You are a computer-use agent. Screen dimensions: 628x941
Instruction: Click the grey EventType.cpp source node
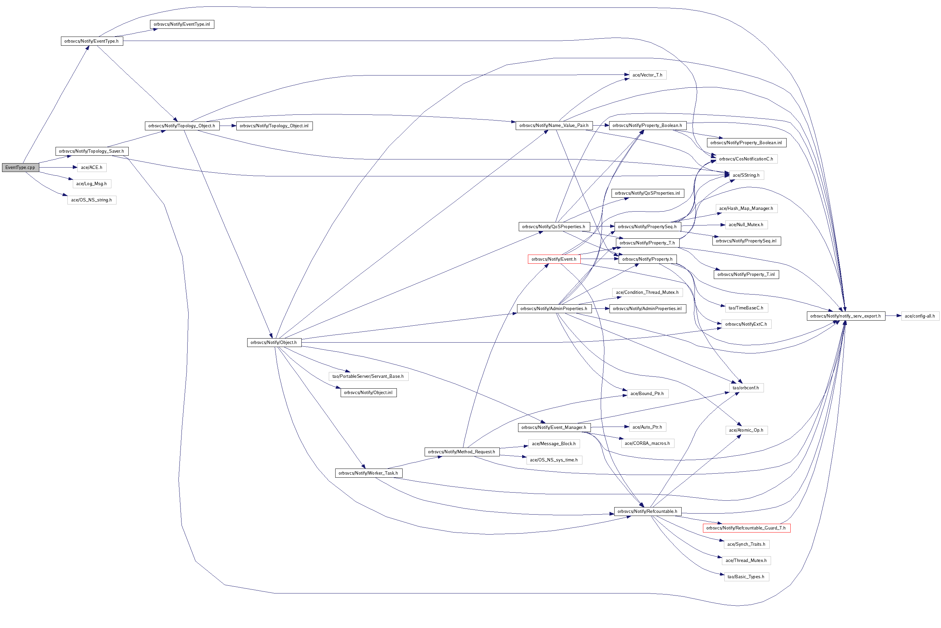(x=20, y=168)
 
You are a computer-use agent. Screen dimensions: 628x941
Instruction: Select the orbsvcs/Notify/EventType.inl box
(x=182, y=24)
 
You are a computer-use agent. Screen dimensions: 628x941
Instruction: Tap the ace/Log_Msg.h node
(x=92, y=184)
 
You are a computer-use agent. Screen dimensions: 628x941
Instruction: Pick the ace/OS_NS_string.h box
(x=92, y=200)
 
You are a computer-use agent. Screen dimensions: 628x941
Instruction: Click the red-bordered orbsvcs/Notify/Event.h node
(x=554, y=259)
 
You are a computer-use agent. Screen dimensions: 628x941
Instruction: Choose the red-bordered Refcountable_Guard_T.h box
(x=746, y=528)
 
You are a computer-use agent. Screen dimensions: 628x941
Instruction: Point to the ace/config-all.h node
(x=920, y=316)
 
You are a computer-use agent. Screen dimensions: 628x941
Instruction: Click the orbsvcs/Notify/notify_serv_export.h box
(x=846, y=316)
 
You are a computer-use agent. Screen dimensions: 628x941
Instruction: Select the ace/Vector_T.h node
(x=647, y=75)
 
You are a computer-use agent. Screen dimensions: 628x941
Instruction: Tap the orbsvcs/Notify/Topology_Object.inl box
(x=274, y=126)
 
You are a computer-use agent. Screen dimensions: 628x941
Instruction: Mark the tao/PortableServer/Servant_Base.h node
(x=368, y=376)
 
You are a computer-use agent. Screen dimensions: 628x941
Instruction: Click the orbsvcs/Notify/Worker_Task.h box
(x=368, y=473)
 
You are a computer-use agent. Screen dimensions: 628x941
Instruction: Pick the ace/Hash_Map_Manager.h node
(x=746, y=208)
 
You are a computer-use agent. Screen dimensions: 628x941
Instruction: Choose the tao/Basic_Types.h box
(x=746, y=577)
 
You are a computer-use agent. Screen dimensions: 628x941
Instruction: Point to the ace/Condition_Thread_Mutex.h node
(x=647, y=293)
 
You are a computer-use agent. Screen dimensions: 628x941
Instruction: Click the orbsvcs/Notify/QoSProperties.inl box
(x=647, y=193)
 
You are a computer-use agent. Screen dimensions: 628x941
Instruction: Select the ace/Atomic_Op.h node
(x=746, y=430)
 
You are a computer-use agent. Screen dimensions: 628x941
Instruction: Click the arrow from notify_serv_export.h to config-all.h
(x=893, y=316)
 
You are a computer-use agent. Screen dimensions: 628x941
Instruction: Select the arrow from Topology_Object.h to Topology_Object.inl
(x=228, y=126)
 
